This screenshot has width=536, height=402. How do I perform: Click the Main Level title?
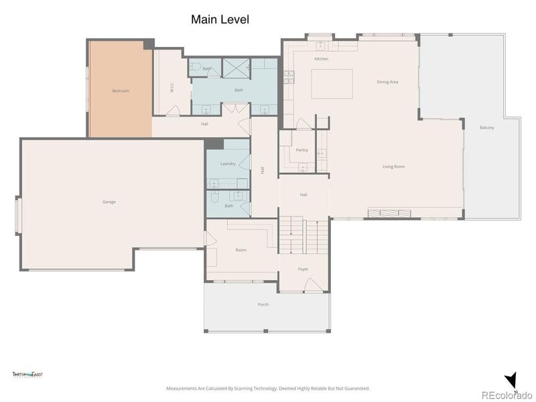[x=220, y=19]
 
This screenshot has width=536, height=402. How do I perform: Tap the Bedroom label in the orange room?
[x=121, y=90]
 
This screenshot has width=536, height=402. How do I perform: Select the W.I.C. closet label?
[x=172, y=87]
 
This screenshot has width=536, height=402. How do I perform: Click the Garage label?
[x=109, y=202]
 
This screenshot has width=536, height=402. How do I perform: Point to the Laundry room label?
[x=228, y=163]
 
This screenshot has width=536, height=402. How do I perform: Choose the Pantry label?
[x=302, y=150]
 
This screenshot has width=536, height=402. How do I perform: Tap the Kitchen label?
[x=322, y=59]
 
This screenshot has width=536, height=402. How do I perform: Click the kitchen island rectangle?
[x=332, y=84]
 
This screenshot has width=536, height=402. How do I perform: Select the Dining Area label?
[x=387, y=82]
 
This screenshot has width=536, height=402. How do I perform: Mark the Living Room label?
[x=393, y=167]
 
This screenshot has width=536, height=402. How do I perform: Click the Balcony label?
[x=487, y=127]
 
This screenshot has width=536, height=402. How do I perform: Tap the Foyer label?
[x=304, y=269]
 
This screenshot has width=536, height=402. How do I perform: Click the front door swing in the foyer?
[x=313, y=285]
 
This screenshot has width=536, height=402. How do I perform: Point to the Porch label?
[x=263, y=304]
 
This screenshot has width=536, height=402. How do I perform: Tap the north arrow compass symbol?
[x=512, y=380]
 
